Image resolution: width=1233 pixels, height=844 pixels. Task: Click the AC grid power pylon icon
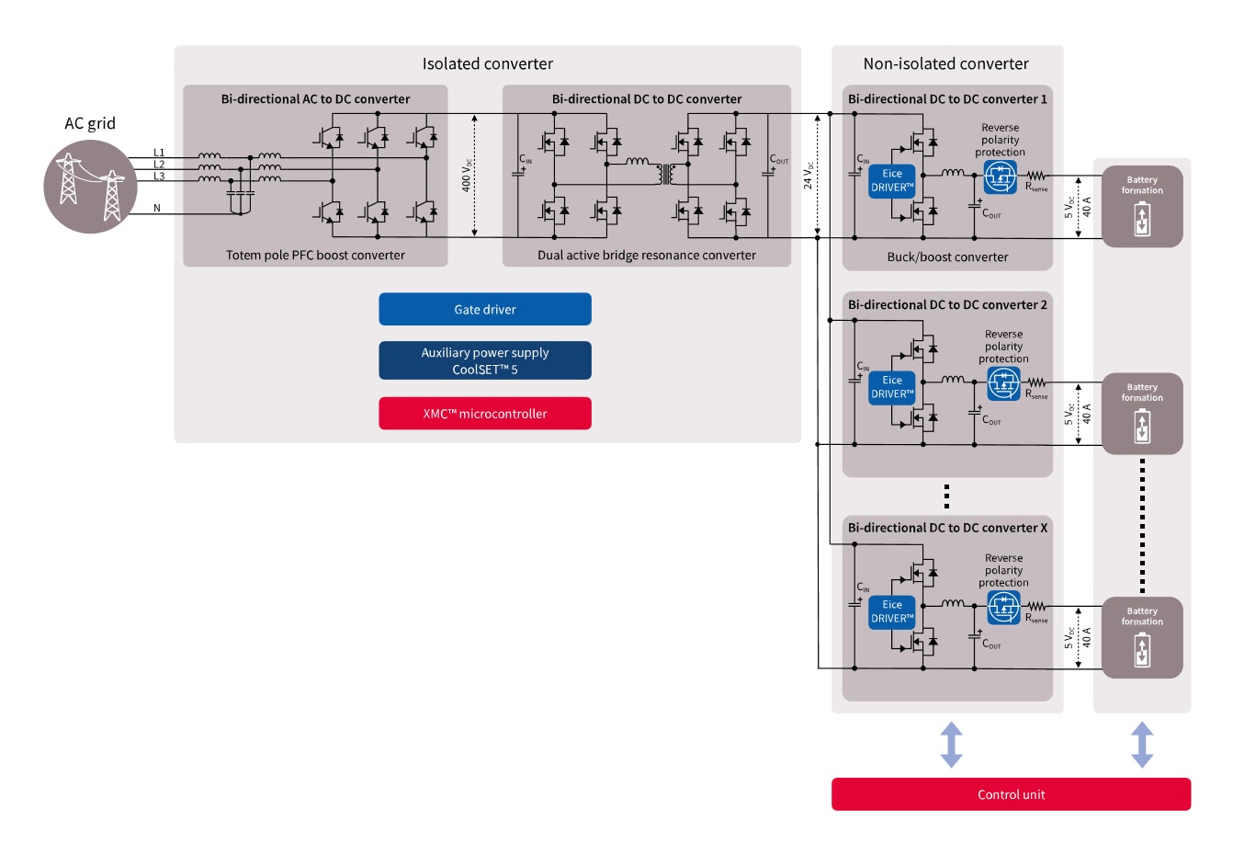click(x=89, y=187)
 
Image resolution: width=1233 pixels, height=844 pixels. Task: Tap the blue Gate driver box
click(x=485, y=310)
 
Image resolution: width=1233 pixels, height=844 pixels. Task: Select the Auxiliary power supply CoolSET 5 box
click(x=485, y=360)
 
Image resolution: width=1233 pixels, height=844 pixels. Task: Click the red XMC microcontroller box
click(x=485, y=414)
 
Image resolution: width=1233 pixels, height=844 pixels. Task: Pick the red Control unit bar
click(x=1011, y=794)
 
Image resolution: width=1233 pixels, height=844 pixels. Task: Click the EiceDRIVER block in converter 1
click(x=892, y=180)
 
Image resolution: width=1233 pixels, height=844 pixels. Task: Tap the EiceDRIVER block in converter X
click(x=892, y=611)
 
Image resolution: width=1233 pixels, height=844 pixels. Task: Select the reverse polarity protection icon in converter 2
click(x=1003, y=383)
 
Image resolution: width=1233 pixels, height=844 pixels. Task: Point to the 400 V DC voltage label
click(x=467, y=174)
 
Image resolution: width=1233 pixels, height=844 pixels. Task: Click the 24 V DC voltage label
click(x=809, y=174)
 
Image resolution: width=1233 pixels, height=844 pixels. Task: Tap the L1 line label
click(x=159, y=153)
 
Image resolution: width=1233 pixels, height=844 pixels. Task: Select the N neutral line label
click(x=157, y=209)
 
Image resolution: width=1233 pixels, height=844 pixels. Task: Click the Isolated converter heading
click(x=488, y=63)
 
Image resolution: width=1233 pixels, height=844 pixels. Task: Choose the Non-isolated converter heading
click(x=945, y=63)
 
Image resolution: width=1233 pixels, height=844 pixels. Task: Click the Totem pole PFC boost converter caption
click(x=315, y=255)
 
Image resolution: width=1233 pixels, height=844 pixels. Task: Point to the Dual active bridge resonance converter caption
click(x=647, y=255)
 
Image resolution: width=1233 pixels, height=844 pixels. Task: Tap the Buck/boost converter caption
click(x=947, y=257)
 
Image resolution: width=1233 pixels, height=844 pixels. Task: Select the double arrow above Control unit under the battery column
click(x=1142, y=744)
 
